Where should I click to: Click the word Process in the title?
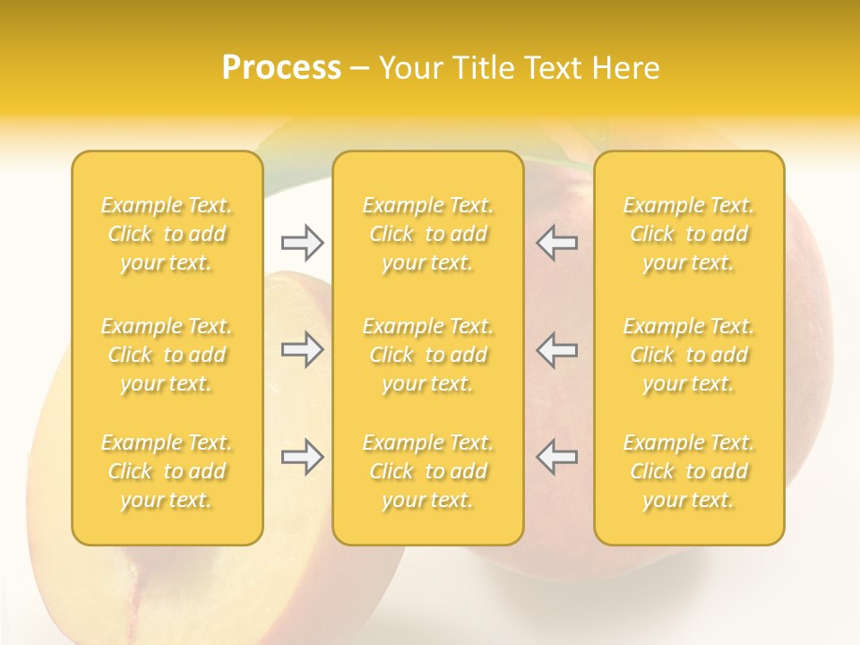[x=281, y=68]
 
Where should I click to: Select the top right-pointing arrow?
[x=302, y=242]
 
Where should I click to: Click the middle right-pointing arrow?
[x=302, y=349]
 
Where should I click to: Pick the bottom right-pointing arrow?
[x=302, y=457]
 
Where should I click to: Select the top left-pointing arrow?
[x=557, y=242]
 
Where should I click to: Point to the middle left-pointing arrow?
[x=557, y=349]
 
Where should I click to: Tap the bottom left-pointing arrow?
[x=557, y=457]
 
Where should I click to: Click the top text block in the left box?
[x=167, y=234]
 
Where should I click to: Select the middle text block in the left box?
[x=167, y=355]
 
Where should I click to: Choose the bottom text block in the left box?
[x=167, y=471]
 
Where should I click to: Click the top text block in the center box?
[x=428, y=234]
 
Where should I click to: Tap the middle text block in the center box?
[x=428, y=355]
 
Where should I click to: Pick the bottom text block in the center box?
[x=428, y=471]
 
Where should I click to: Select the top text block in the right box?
[x=689, y=234]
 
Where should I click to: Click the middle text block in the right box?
[x=689, y=355]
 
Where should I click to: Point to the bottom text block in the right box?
[x=689, y=471]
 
